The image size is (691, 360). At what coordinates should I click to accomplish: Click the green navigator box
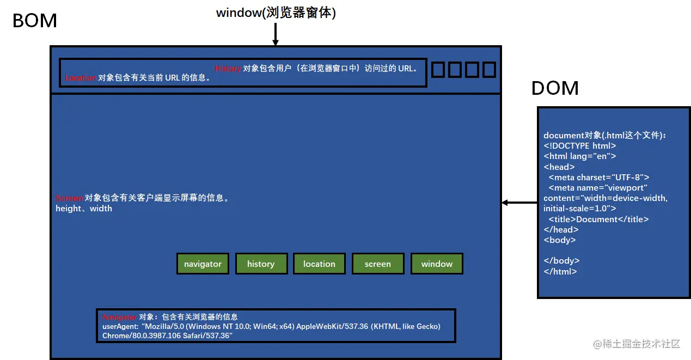point(203,264)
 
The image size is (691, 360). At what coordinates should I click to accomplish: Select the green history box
point(261,264)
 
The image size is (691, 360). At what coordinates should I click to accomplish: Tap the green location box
point(319,264)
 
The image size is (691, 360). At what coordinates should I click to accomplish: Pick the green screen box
point(378,264)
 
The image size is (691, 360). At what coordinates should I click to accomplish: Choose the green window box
point(437,264)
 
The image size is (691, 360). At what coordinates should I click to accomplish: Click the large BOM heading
point(35,21)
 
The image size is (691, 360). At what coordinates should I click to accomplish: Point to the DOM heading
point(555,88)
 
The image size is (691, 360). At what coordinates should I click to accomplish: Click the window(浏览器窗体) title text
point(276,13)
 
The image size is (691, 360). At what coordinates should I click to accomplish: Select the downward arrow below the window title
point(276,35)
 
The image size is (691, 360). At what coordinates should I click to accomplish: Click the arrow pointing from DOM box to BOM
point(519,203)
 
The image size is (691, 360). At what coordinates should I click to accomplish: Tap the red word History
point(228,69)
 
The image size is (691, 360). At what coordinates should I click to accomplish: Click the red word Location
point(80,78)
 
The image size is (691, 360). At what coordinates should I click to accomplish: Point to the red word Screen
point(69,198)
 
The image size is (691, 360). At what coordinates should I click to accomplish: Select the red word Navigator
point(119,316)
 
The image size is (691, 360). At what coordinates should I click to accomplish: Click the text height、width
point(84,209)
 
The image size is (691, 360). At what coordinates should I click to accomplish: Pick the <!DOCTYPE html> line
point(579,146)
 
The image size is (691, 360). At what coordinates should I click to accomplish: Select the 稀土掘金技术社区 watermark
point(637,344)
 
